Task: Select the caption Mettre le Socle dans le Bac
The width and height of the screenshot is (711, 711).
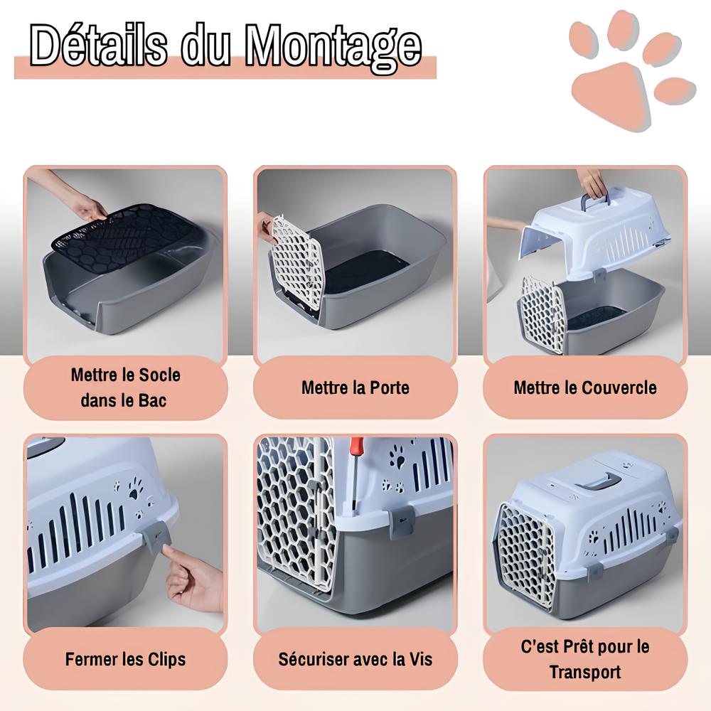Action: point(125,387)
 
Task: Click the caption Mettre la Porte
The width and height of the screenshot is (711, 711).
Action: point(355,387)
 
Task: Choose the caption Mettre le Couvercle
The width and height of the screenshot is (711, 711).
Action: point(585,387)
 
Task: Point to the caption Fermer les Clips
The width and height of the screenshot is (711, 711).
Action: point(125,659)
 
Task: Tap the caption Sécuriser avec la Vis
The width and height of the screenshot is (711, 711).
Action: point(355,659)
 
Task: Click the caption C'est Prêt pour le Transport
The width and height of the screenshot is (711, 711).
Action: point(585,659)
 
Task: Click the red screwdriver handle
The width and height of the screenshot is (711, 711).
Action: point(356,448)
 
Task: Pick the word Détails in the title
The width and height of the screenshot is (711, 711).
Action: point(100,46)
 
